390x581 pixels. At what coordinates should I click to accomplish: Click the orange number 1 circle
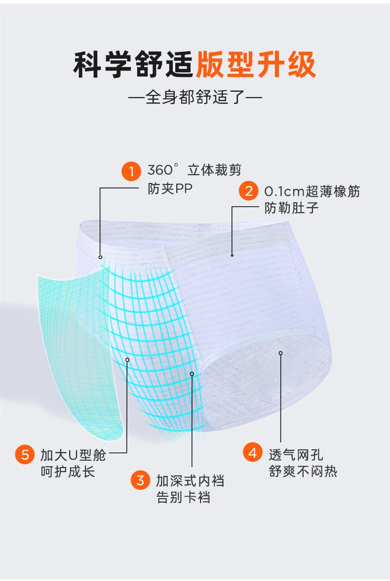[131, 171]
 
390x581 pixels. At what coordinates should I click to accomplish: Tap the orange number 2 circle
[248, 191]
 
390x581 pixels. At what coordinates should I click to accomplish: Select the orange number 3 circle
[140, 480]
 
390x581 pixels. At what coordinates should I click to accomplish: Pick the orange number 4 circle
[253, 452]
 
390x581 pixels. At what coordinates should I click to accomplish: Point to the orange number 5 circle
[25, 454]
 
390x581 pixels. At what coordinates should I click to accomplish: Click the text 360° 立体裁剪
[195, 171]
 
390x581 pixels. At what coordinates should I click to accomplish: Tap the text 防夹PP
[169, 188]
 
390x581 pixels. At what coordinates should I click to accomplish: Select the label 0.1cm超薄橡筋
[312, 191]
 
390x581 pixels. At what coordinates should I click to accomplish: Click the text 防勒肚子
[291, 208]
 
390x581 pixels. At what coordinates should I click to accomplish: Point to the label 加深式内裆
[190, 480]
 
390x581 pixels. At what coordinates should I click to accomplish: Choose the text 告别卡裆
[183, 497]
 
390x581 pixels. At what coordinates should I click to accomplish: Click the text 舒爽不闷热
[303, 471]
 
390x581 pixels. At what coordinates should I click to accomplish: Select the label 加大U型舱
[73, 454]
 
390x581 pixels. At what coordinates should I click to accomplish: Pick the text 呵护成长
[68, 471]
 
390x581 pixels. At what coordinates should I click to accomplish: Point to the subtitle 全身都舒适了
[195, 97]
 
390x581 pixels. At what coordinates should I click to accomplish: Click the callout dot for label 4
[280, 353]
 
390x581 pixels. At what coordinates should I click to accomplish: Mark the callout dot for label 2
[232, 255]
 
